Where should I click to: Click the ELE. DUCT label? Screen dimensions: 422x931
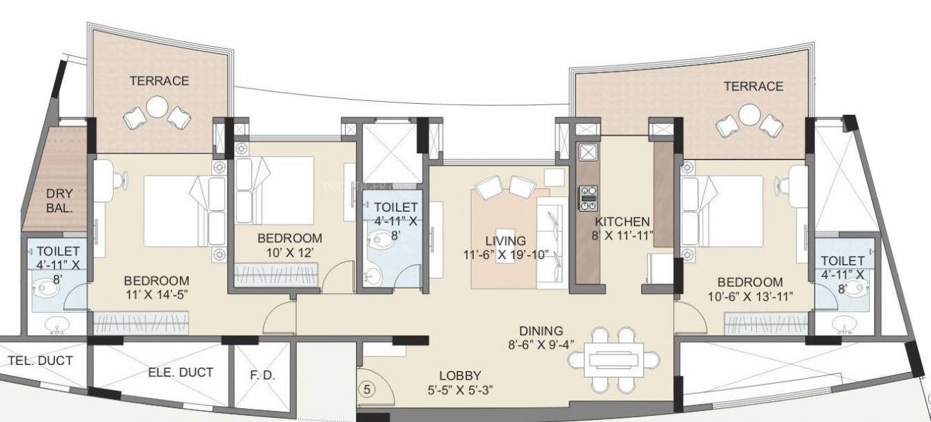[x=180, y=373]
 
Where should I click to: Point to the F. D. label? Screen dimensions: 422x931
[x=263, y=375]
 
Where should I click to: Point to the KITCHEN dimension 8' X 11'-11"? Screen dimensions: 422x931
[x=623, y=235]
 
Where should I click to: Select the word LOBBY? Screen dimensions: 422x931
[x=461, y=375]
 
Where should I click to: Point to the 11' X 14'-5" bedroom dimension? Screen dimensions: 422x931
[x=156, y=295]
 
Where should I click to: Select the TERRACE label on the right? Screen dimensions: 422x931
[x=753, y=86]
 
